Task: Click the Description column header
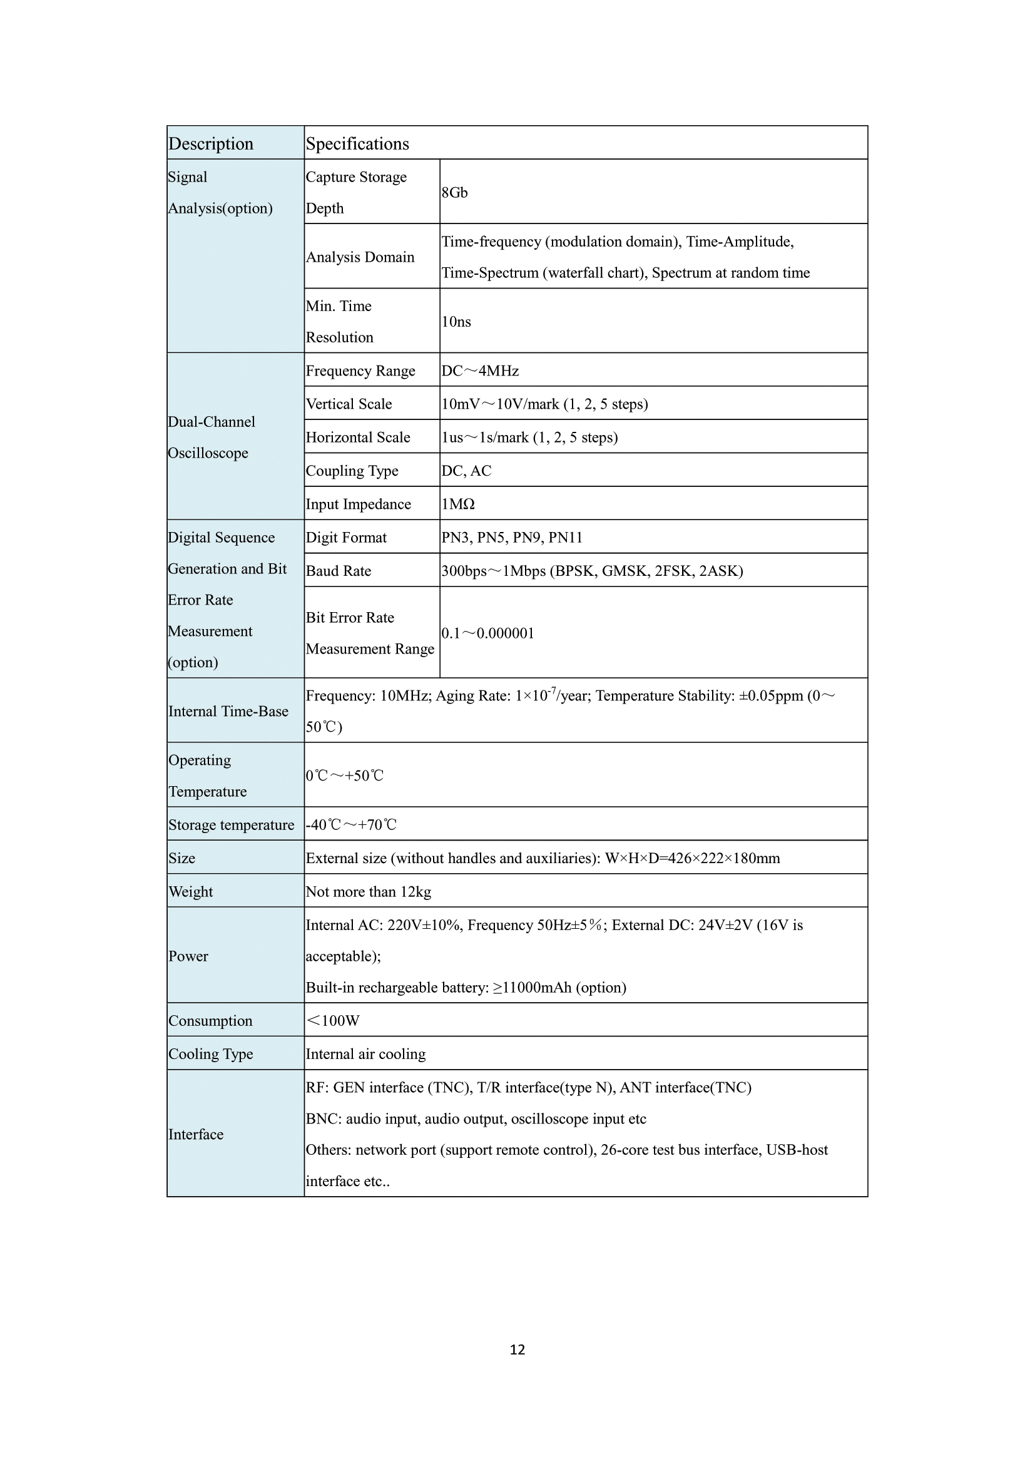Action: tap(211, 143)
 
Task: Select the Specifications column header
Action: tap(357, 143)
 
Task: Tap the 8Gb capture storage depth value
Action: tap(454, 193)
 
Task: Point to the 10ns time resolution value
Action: tap(456, 321)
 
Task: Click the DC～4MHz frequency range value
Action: tap(480, 371)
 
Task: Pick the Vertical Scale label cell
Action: tap(349, 404)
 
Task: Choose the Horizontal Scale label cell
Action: tap(357, 438)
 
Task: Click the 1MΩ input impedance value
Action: tap(458, 504)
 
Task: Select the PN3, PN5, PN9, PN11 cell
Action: tap(512, 537)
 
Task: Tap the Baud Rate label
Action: tap(339, 571)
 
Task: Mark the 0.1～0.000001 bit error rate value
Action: tap(487, 633)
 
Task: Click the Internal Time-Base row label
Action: tap(228, 711)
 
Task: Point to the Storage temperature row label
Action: tap(232, 824)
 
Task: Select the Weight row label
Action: tap(191, 891)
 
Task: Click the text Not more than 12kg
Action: tap(369, 891)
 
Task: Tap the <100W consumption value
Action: tap(333, 1020)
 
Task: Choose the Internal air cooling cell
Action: tap(366, 1053)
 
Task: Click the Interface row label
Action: tap(196, 1134)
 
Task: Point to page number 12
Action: tap(517, 1349)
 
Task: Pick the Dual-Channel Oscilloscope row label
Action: tap(211, 438)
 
